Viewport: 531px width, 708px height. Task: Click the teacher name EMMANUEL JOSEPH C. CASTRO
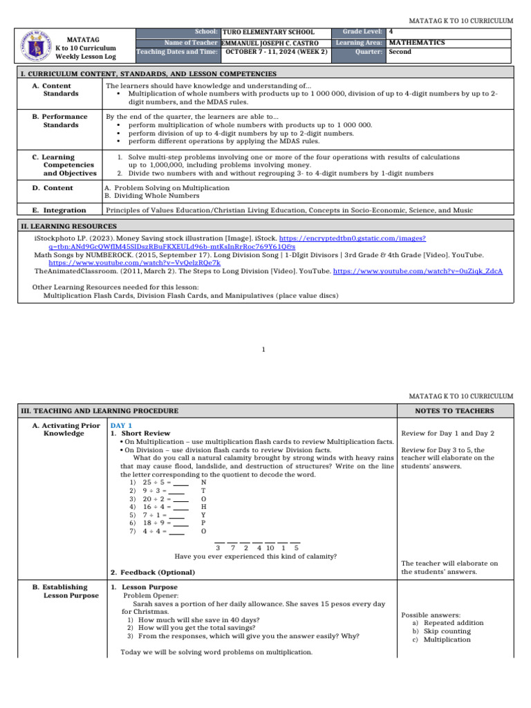[270, 43]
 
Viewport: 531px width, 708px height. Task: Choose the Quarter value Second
[400, 52]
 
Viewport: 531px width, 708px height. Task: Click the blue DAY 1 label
[121, 425]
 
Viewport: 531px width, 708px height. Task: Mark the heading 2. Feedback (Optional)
[153, 572]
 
